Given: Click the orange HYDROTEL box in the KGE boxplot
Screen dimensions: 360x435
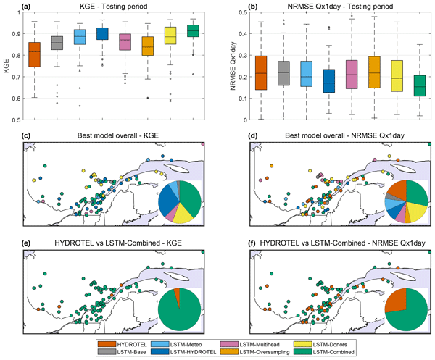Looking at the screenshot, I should tap(33, 56).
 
